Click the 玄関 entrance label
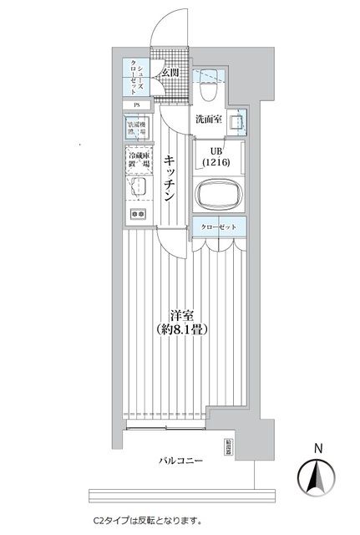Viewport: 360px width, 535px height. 170,74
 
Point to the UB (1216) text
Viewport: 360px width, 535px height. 215,157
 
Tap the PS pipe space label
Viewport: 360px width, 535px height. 136,105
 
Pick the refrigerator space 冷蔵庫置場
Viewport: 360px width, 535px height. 138,161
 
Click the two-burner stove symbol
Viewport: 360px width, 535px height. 137,215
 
